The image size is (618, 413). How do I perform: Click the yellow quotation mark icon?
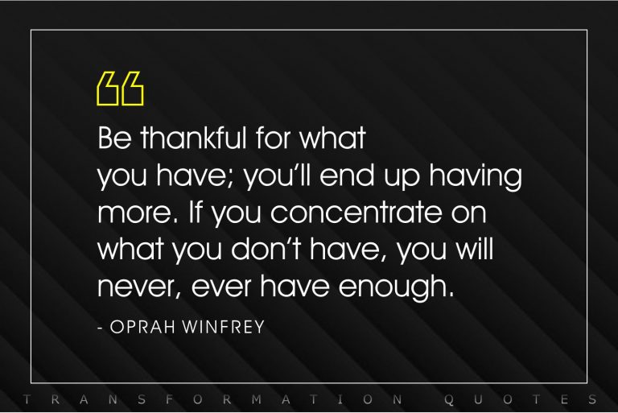(x=120, y=89)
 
